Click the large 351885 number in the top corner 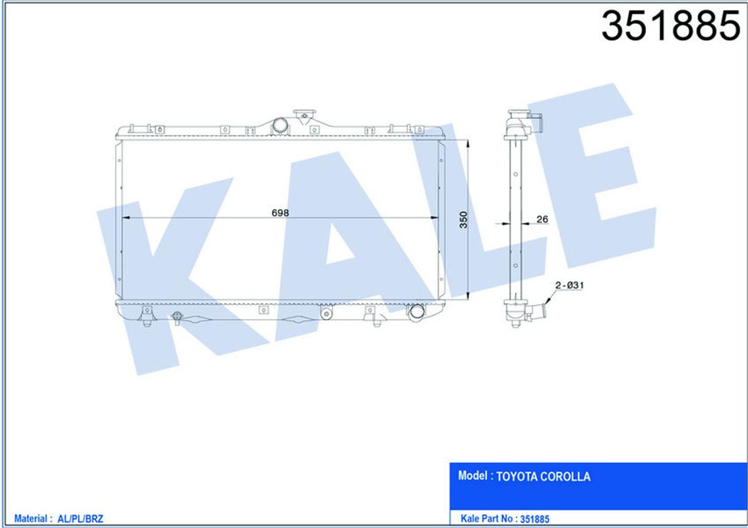pyautogui.click(x=670, y=27)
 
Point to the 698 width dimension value pyautogui.click(x=280, y=212)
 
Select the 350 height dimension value pyautogui.click(x=463, y=220)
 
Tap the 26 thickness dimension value pyautogui.click(x=542, y=219)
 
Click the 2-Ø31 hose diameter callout pyautogui.click(x=568, y=285)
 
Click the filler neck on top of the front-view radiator pyautogui.click(x=305, y=116)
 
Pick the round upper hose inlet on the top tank pyautogui.click(x=280, y=125)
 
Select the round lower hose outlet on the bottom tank pyautogui.click(x=415, y=312)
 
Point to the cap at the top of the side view pyautogui.click(x=519, y=114)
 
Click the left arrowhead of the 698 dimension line pyautogui.click(x=124, y=218)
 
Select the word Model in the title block pyautogui.click(x=472, y=476)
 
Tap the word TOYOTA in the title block pyautogui.click(x=515, y=477)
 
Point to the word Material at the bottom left pyautogui.click(x=32, y=518)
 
